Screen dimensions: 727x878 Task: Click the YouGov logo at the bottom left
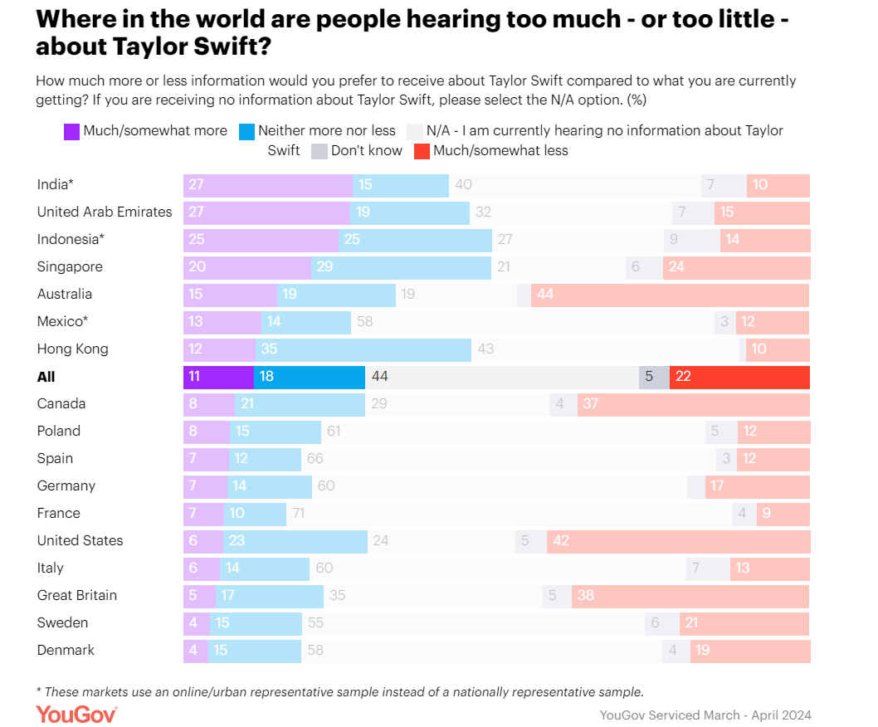(76, 714)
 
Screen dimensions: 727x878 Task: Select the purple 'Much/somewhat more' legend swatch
(71, 130)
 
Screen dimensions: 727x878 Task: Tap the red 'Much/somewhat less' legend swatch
(422, 151)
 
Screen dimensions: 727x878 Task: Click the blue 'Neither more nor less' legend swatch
(246, 130)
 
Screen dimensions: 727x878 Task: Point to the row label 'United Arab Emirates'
(105, 212)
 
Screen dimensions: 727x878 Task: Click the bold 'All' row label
(46, 377)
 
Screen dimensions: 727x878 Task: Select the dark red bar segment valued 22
(739, 377)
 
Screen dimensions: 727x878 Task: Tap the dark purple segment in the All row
(218, 377)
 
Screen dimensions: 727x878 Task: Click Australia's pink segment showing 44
(670, 295)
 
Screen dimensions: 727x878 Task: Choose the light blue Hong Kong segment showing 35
(363, 349)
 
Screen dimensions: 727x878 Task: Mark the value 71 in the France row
(298, 514)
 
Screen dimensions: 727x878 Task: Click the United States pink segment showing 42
(678, 541)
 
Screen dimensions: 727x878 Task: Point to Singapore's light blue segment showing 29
(402, 267)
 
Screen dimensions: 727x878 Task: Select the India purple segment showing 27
(267, 185)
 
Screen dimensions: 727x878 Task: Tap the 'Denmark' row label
(66, 650)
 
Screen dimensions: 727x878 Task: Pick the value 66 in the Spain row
(315, 459)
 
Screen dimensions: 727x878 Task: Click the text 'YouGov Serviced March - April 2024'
(705, 715)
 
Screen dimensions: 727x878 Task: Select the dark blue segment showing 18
(310, 377)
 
